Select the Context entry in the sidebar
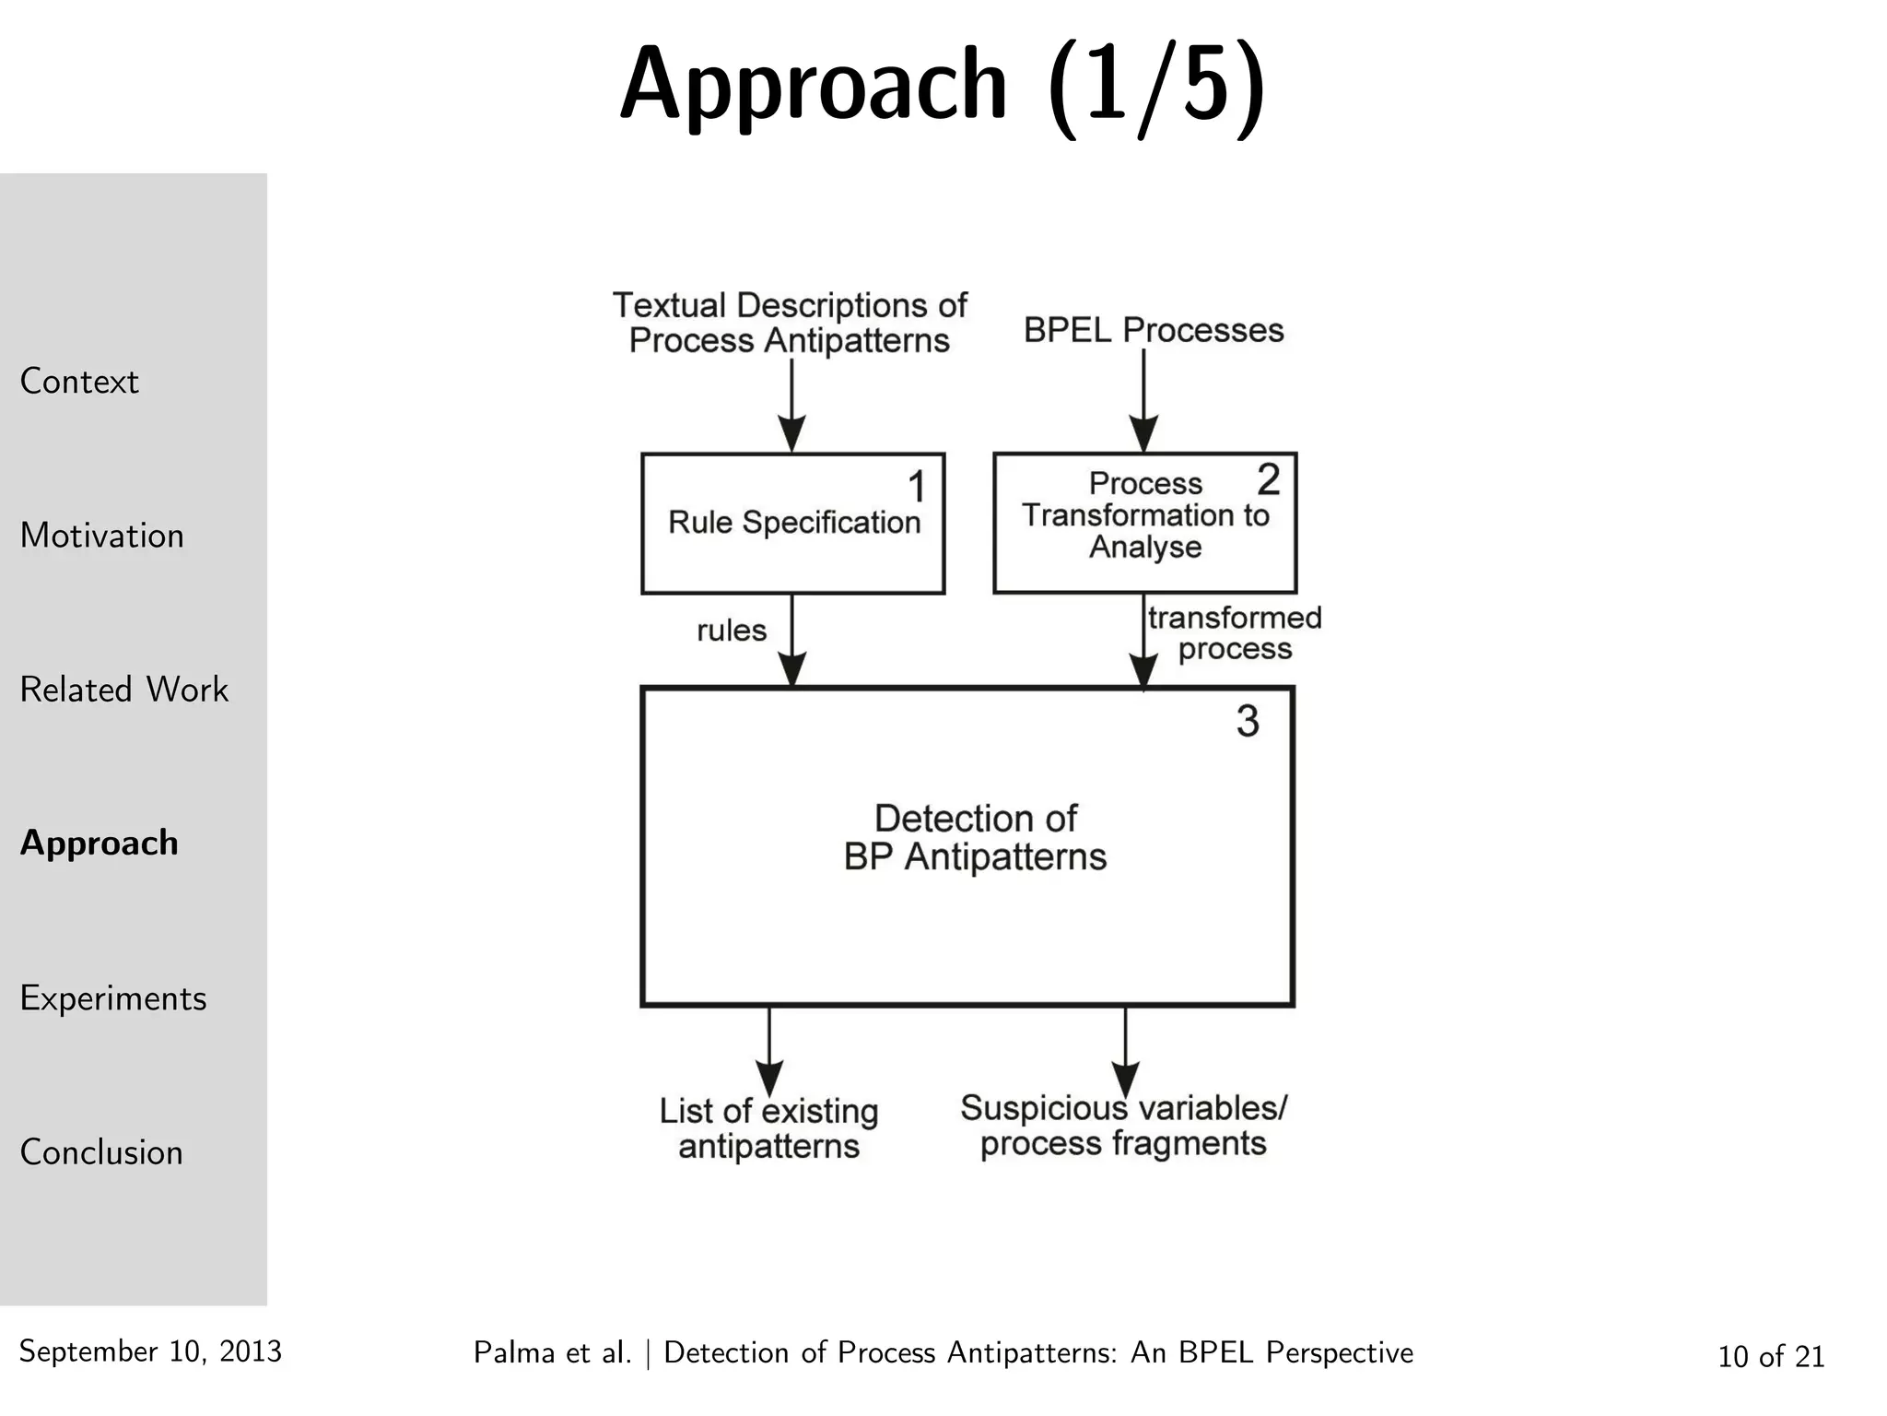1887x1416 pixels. pyautogui.click(x=79, y=381)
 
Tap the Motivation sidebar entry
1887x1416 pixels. pyautogui.click(x=101, y=536)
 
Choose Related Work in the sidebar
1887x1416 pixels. pyautogui.click(x=123, y=690)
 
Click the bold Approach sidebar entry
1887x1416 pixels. pyautogui.click(x=100, y=843)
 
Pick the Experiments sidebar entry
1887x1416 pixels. pyautogui.click(x=112, y=998)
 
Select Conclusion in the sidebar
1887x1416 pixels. pyautogui.click(x=101, y=1152)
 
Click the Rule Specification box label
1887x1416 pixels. pyautogui.click(x=794, y=523)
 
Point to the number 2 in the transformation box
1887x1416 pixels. pyautogui.click(x=1268, y=479)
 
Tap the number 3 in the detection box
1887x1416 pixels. pyautogui.click(x=1248, y=721)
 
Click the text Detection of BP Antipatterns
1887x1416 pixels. pyautogui.click(x=975, y=838)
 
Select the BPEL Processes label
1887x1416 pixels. pyautogui.click(x=1154, y=330)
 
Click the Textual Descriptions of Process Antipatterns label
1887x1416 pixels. pyautogui.click(x=790, y=323)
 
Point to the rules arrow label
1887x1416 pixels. pyautogui.click(x=732, y=631)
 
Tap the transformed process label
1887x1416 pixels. pyautogui.click(x=1234, y=633)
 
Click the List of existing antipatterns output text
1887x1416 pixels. pyautogui.click(x=768, y=1128)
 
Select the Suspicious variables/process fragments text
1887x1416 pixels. pyautogui.click(x=1123, y=1126)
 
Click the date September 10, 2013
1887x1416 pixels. pyautogui.click(x=150, y=1351)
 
